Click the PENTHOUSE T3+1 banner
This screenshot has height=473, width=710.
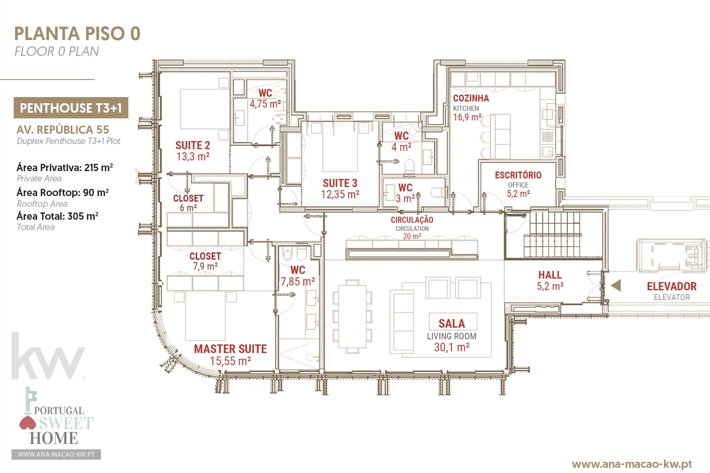[71, 108]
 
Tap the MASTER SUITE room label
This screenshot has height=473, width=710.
[230, 349]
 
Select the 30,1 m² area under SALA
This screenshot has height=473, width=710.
[451, 347]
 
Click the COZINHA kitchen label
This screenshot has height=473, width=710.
[471, 98]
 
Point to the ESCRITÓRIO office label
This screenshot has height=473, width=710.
[518, 175]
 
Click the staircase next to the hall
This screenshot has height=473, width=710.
[553, 234]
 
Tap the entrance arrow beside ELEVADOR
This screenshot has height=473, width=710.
[616, 286]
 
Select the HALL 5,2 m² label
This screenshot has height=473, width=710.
[550, 280]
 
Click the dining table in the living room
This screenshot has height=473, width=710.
[352, 316]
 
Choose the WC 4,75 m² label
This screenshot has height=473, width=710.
[265, 98]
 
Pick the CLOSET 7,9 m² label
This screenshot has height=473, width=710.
[205, 261]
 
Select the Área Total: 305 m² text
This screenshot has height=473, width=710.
[58, 216]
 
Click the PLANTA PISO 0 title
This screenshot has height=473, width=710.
[77, 34]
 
